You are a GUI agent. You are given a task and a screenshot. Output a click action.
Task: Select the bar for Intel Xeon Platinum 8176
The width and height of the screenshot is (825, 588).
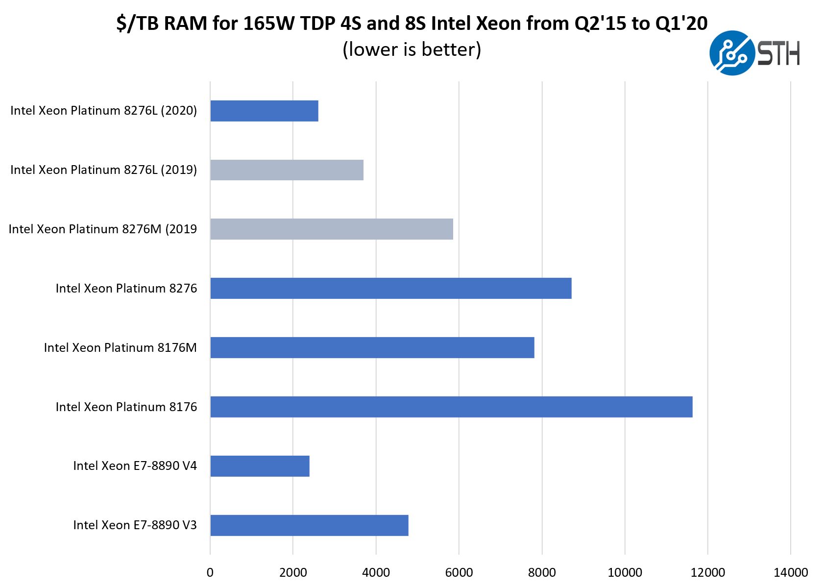click(x=451, y=407)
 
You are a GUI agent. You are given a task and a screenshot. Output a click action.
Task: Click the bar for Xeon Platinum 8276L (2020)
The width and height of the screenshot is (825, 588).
click(x=264, y=111)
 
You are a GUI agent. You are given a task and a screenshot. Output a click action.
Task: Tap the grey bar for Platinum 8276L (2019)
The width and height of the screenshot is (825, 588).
click(x=287, y=170)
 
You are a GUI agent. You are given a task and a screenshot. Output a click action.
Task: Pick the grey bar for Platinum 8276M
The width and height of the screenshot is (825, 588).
click(x=332, y=229)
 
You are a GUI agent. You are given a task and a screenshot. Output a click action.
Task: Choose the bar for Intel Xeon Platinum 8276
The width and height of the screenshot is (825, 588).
click(x=390, y=288)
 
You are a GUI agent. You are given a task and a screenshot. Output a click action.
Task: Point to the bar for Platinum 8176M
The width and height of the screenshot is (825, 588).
click(x=372, y=347)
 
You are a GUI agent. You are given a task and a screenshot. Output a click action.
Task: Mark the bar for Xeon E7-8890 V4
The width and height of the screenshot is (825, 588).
click(x=260, y=466)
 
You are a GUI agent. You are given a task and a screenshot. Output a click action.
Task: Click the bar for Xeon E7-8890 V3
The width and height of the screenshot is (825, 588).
click(x=309, y=525)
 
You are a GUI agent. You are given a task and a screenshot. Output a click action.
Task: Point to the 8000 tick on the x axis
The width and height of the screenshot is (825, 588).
click(x=542, y=572)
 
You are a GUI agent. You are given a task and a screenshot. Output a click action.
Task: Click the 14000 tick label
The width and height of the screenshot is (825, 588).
click(x=790, y=572)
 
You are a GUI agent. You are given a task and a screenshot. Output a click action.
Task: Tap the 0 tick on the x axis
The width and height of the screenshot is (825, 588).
click(x=210, y=572)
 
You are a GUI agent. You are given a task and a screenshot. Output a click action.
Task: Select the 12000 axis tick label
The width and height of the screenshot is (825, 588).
click(x=707, y=572)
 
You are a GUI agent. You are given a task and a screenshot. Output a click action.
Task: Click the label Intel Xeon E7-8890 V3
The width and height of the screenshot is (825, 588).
click(x=135, y=525)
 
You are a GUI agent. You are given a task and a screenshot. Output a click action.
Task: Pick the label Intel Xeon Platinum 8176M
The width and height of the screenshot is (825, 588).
click(x=120, y=347)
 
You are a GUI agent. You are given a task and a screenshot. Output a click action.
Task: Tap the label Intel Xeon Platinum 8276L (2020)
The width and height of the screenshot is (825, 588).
click(x=103, y=111)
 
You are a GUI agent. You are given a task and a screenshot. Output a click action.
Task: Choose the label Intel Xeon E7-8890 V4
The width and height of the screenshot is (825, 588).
click(x=135, y=466)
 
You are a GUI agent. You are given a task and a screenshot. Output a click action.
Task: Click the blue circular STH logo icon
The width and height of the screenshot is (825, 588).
click(x=731, y=53)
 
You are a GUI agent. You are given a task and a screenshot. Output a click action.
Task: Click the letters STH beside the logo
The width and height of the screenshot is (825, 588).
click(x=779, y=53)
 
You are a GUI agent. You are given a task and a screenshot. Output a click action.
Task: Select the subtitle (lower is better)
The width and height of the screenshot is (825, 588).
click(x=412, y=49)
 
